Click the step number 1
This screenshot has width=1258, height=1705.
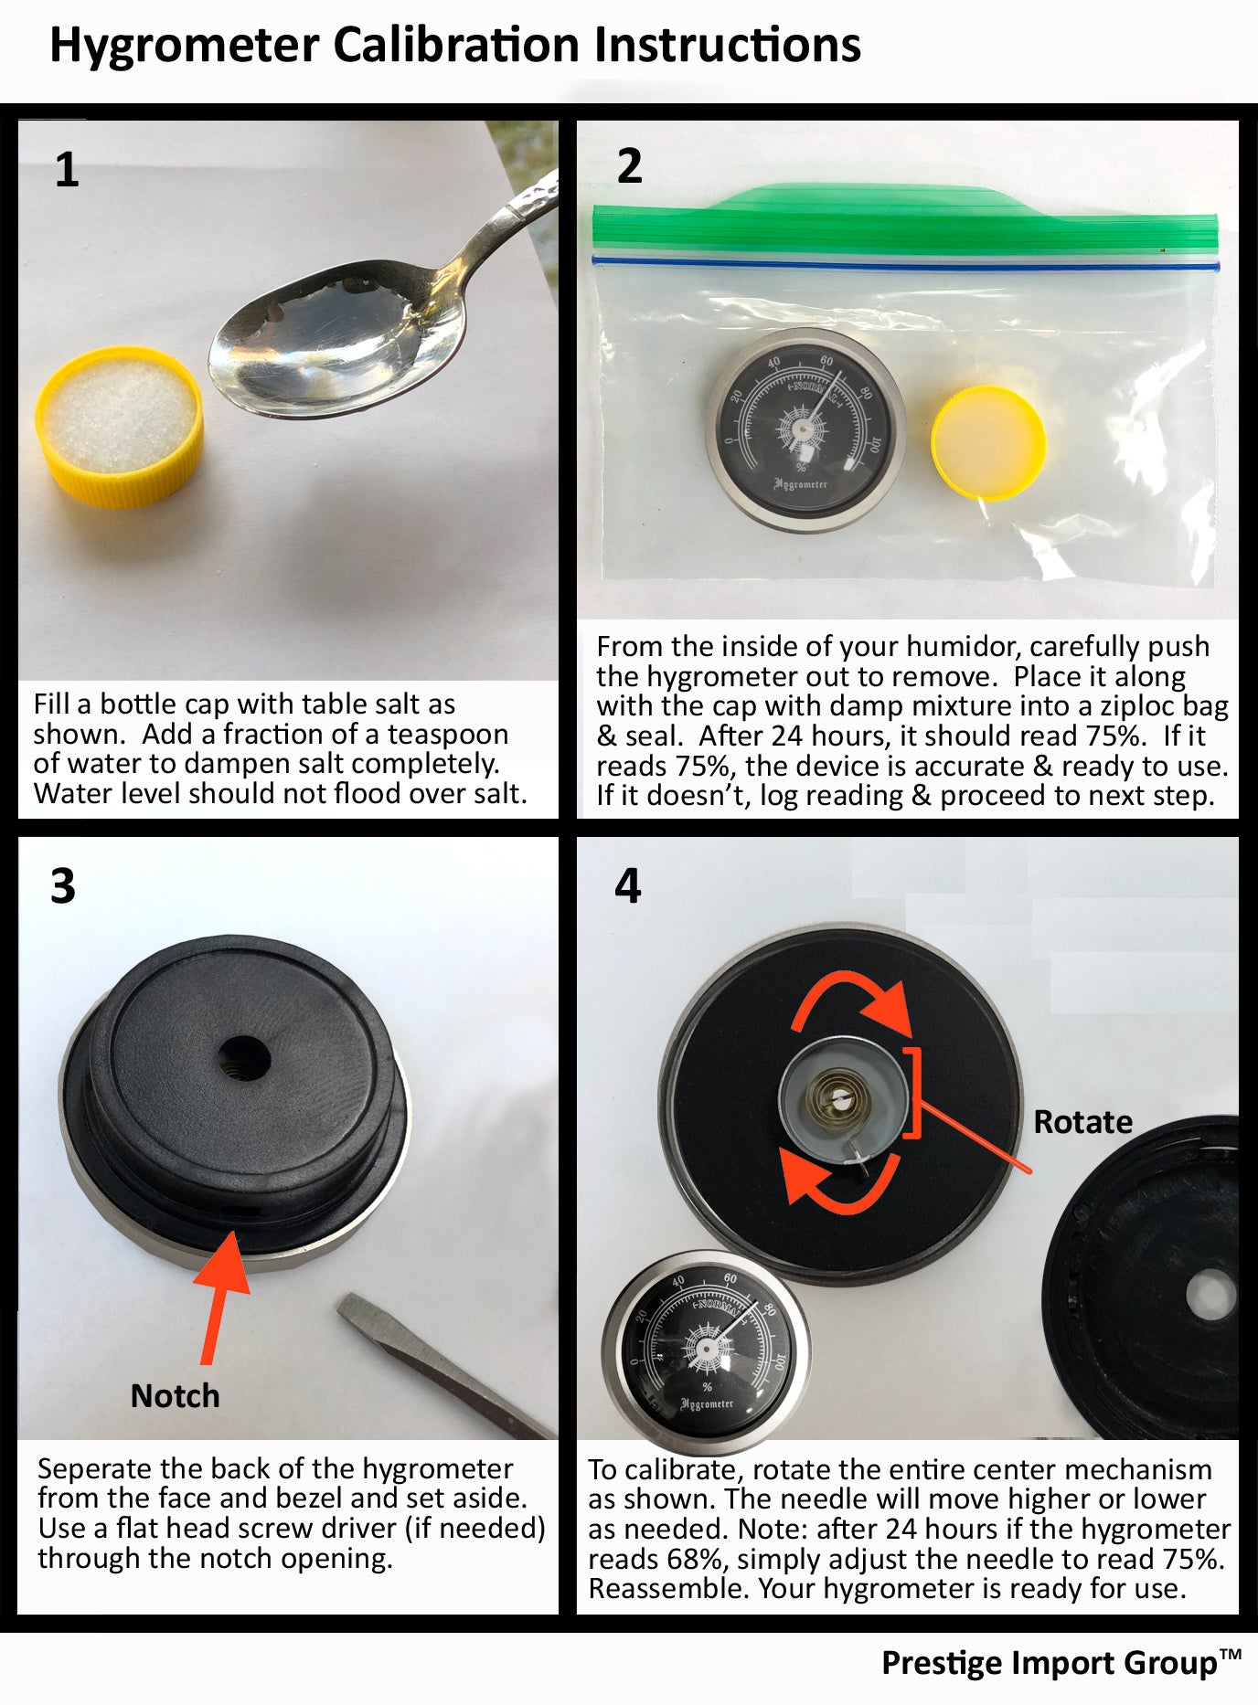pyautogui.click(x=67, y=170)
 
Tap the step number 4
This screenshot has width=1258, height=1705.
pyautogui.click(x=628, y=885)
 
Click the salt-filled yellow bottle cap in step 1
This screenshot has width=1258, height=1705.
pyautogui.click(x=119, y=427)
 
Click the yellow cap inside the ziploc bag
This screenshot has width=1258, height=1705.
pyautogui.click(x=988, y=443)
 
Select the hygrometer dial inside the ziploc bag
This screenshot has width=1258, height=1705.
pyautogui.click(x=805, y=431)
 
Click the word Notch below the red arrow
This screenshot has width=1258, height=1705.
pyautogui.click(x=176, y=1396)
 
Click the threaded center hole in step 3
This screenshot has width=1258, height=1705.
pyautogui.click(x=243, y=1062)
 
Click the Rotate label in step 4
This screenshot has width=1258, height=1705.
pyautogui.click(x=1082, y=1122)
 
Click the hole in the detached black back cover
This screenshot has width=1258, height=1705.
pyautogui.click(x=1210, y=1295)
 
